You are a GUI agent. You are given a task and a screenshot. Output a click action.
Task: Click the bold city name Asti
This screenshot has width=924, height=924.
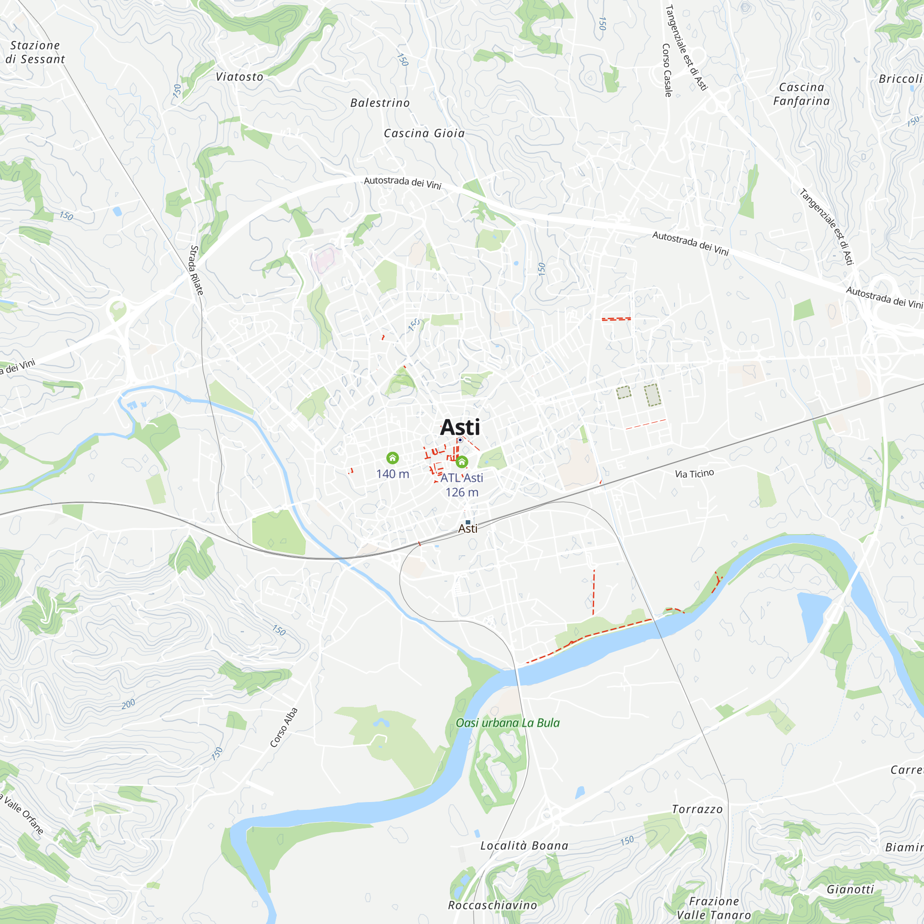460,427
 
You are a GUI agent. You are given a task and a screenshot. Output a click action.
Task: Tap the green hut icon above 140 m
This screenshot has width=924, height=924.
393,458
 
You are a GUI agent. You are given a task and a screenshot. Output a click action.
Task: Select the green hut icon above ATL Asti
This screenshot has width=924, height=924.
462,462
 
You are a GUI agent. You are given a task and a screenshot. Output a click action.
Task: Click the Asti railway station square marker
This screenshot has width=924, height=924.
468,522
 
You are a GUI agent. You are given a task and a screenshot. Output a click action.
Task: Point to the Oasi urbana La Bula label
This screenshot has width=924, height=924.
507,723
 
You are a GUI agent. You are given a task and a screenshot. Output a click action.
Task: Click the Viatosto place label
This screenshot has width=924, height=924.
240,77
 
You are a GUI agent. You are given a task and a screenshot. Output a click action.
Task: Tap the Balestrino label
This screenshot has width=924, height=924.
380,103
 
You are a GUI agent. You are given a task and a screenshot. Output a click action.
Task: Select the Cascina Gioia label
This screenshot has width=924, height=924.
424,134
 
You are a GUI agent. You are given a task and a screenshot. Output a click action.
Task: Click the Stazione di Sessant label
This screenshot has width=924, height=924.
35,52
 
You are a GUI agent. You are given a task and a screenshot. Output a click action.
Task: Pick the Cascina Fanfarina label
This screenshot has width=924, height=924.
802,94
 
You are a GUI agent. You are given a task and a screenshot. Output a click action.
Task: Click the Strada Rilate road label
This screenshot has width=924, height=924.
196,270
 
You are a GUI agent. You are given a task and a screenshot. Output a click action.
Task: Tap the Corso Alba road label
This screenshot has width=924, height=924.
284,728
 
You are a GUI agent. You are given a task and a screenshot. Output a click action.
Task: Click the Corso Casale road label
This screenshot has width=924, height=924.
667,70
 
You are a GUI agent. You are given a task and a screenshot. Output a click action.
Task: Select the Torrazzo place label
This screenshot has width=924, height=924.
697,809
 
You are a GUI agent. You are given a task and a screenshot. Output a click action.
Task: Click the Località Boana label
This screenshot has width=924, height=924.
524,846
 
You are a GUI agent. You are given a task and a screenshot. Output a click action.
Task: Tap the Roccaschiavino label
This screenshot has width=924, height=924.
492,906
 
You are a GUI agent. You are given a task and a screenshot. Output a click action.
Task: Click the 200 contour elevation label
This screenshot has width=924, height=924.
128,704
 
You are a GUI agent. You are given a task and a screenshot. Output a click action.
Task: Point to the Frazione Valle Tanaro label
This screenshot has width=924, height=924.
714,908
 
